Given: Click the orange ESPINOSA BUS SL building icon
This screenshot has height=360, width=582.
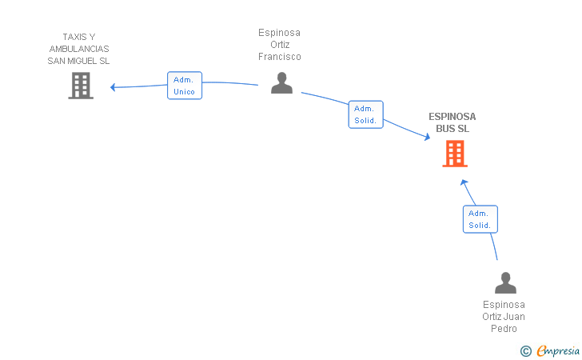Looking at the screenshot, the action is point(455,154).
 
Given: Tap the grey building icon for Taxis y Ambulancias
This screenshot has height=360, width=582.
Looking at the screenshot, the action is point(81,86).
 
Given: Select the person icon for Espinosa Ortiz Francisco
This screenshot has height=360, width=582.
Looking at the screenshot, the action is point(281,83).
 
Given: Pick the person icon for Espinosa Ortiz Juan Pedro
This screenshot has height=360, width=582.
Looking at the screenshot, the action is point(505,282).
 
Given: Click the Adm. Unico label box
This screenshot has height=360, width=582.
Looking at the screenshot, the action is point(185,86).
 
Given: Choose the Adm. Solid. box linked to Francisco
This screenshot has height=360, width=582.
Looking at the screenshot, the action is point(365,114).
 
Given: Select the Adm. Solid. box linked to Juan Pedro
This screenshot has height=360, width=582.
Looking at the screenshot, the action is point(480,219).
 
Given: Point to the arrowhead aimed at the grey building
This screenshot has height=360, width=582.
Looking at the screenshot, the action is point(113,87).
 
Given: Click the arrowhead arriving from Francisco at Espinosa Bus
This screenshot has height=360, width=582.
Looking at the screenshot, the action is point(427,137).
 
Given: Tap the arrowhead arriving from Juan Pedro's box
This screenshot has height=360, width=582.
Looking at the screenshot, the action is point(464,182).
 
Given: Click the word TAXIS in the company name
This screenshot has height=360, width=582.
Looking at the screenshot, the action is point(74,37).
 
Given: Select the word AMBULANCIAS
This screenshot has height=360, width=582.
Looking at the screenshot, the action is point(79,49).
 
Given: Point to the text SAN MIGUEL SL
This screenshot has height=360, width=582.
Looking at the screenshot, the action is point(78,61).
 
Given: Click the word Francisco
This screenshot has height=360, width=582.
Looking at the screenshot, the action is point(280,57).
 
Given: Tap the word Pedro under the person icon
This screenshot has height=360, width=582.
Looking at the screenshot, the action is point(504,329).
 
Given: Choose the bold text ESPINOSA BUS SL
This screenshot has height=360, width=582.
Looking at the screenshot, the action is point(452,122).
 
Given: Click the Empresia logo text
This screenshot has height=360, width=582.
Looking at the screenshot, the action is point(558,351).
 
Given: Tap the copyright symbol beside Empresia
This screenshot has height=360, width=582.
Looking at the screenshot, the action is point(525,351).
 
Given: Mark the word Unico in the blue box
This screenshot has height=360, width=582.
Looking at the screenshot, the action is point(184,92).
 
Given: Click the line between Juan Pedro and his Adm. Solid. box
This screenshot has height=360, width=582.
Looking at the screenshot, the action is point(494,246).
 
